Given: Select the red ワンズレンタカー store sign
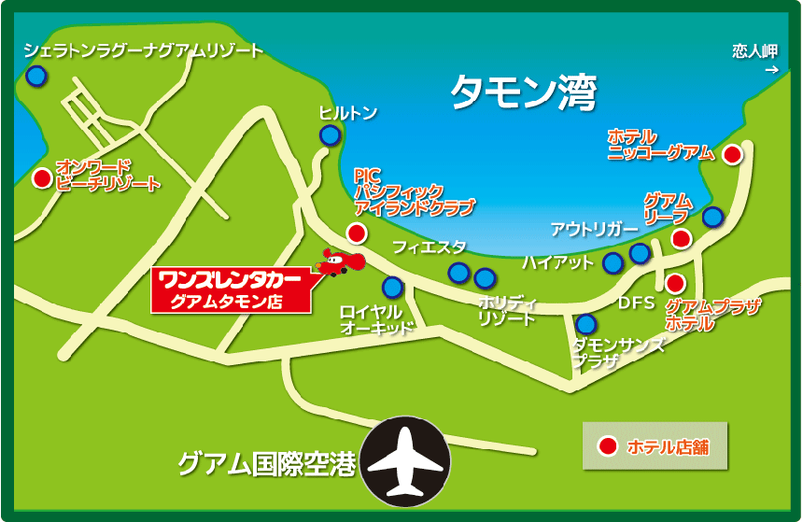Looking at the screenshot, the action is pyautogui.click(x=230, y=289).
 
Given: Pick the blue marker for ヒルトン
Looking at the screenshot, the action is pyautogui.click(x=330, y=136).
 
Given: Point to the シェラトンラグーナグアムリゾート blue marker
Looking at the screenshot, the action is pyautogui.click(x=35, y=77).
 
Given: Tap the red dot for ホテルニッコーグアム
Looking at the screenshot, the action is pyautogui.click(x=732, y=154).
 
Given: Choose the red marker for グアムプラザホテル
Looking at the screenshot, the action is pyautogui.click(x=675, y=282).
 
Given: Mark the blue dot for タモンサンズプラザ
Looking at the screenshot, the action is pyautogui.click(x=585, y=325).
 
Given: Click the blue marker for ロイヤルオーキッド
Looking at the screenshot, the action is pyautogui.click(x=392, y=287).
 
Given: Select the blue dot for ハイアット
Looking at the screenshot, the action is pyautogui.click(x=613, y=263).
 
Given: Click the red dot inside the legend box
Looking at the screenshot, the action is pyautogui.click(x=608, y=446).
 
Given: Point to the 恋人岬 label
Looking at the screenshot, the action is pyautogui.click(x=755, y=52).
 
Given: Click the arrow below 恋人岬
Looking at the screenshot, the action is pyautogui.click(x=771, y=69).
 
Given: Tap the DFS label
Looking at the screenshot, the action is pyautogui.click(x=637, y=303).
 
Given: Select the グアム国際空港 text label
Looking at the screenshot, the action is pyautogui.click(x=267, y=464).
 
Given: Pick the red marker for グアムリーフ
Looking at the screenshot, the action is pyautogui.click(x=682, y=239).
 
